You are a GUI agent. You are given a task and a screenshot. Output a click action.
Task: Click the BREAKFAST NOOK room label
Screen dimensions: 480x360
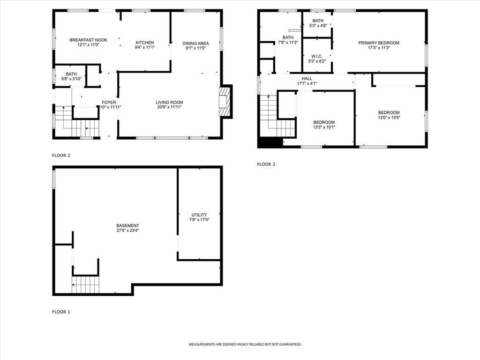pyautogui.click(x=88, y=40)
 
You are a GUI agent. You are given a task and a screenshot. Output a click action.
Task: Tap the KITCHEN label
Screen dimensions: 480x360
pyautogui.click(x=144, y=43)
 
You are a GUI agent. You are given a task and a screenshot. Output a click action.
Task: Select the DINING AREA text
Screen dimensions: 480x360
pyautogui.click(x=195, y=44)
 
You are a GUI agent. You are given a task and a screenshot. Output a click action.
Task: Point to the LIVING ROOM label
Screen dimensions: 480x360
pyautogui.click(x=169, y=103)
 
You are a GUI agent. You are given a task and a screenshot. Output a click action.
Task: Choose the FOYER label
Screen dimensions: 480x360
pyautogui.click(x=109, y=103)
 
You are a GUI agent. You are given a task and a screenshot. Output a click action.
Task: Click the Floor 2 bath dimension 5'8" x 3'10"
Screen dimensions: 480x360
pyautogui.click(x=71, y=79)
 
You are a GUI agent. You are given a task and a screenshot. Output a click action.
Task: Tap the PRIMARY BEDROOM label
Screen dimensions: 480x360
pyautogui.click(x=379, y=43)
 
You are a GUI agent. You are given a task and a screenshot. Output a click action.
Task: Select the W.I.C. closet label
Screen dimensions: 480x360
pyautogui.click(x=317, y=56)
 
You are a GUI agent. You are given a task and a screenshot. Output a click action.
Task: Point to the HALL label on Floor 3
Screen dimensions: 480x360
pyautogui.click(x=307, y=79)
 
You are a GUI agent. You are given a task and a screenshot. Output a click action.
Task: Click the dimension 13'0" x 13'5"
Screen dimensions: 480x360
pyautogui.click(x=389, y=117)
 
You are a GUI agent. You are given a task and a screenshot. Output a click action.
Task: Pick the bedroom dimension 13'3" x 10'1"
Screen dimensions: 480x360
pyautogui.click(x=324, y=127)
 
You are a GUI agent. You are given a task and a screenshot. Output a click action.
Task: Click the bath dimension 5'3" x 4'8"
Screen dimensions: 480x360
pyautogui.click(x=318, y=26)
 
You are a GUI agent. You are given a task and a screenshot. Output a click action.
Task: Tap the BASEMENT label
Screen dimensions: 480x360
pyautogui.click(x=127, y=225)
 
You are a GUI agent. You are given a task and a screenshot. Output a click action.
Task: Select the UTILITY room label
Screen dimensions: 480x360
pyautogui.click(x=199, y=215)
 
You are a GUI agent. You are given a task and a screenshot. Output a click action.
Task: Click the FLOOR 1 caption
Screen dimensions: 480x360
pyautogui.click(x=61, y=312)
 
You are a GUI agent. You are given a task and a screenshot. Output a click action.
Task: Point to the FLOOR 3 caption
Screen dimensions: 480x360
pyautogui.click(x=266, y=165)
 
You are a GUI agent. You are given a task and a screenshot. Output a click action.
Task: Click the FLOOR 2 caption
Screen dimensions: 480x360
pyautogui.click(x=61, y=156)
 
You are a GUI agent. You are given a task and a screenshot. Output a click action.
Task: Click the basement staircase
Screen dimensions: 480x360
pyautogui.click(x=86, y=285)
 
